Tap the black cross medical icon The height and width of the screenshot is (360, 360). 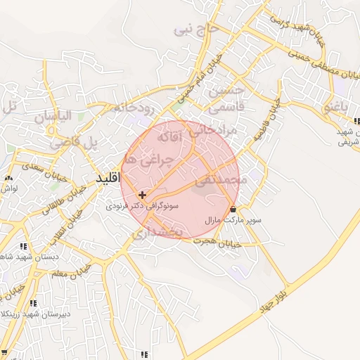(x=143, y=195)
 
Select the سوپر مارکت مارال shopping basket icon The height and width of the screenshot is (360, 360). (x=233, y=209)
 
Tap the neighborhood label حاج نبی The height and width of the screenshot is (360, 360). (x=193, y=30)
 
